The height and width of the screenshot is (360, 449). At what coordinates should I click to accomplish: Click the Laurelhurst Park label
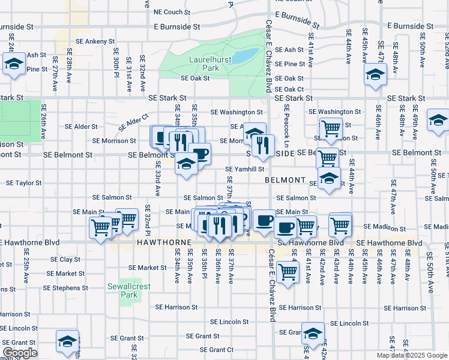[x=203, y=64]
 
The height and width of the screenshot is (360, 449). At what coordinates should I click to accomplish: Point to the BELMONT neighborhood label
[x=285, y=180]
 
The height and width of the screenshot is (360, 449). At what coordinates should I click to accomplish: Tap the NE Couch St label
[x=172, y=11]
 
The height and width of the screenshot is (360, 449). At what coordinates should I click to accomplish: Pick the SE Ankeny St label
[x=91, y=41]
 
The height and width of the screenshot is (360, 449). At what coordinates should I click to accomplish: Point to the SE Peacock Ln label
[x=287, y=127]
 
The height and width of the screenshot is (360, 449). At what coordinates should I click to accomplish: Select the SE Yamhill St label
[x=244, y=170]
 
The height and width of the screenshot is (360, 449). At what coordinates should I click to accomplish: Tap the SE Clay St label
[x=65, y=259]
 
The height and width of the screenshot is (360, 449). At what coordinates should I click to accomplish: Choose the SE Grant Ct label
[x=217, y=350]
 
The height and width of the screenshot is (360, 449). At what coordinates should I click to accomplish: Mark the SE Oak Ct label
[x=290, y=89]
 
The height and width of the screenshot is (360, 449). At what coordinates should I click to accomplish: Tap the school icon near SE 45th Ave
[x=376, y=75]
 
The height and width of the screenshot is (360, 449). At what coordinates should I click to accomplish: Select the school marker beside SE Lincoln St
[x=313, y=334]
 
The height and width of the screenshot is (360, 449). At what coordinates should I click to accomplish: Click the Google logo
[x=19, y=353]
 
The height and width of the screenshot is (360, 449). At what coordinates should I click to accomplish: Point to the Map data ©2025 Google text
[x=412, y=355]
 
